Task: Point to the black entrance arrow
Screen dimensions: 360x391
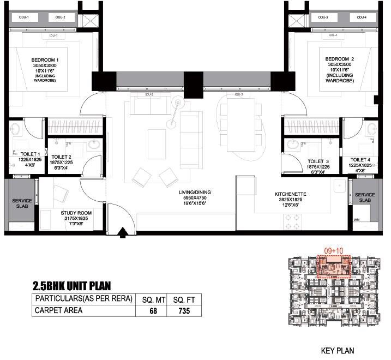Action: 124,233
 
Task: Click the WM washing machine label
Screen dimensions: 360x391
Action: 357,220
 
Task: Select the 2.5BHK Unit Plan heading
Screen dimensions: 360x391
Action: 80,285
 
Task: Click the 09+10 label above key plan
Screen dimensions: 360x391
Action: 333,250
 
